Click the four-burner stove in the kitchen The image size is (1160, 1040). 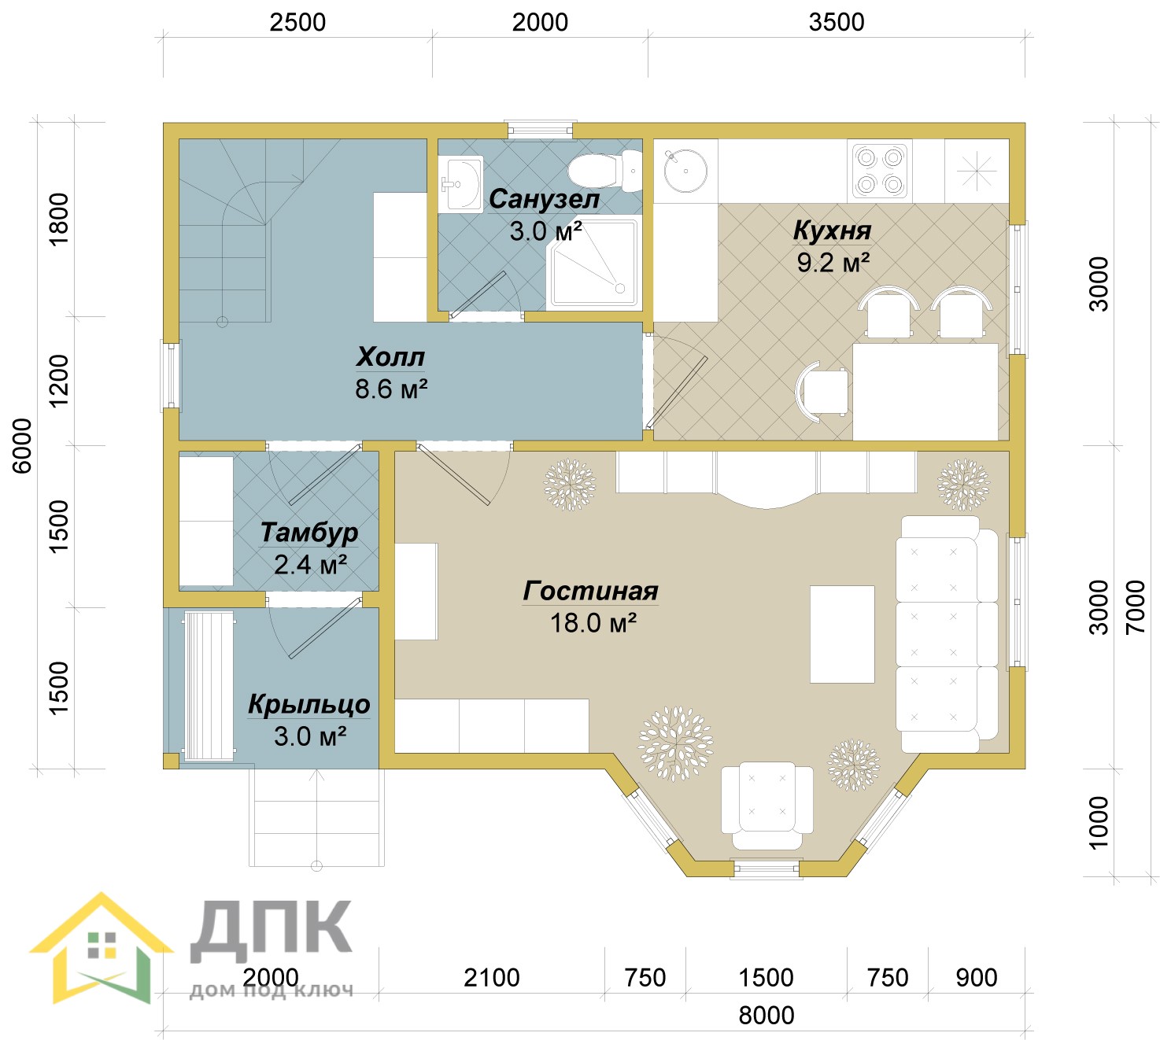(x=879, y=170)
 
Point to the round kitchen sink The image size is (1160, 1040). (x=685, y=171)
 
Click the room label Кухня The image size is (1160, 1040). (x=831, y=230)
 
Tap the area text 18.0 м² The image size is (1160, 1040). (x=593, y=623)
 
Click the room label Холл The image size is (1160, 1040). (x=390, y=356)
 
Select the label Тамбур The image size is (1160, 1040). (x=308, y=533)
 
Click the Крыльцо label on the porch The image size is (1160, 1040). (x=308, y=704)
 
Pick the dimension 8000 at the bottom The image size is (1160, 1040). (x=766, y=1016)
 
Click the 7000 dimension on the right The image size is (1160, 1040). (x=1136, y=607)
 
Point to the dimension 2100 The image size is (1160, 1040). (x=491, y=978)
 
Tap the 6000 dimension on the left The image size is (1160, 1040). (x=22, y=446)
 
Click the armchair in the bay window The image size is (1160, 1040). (x=767, y=806)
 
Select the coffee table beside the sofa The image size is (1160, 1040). (x=841, y=634)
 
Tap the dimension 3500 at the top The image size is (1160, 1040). (x=836, y=22)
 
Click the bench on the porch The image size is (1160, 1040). (x=209, y=686)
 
